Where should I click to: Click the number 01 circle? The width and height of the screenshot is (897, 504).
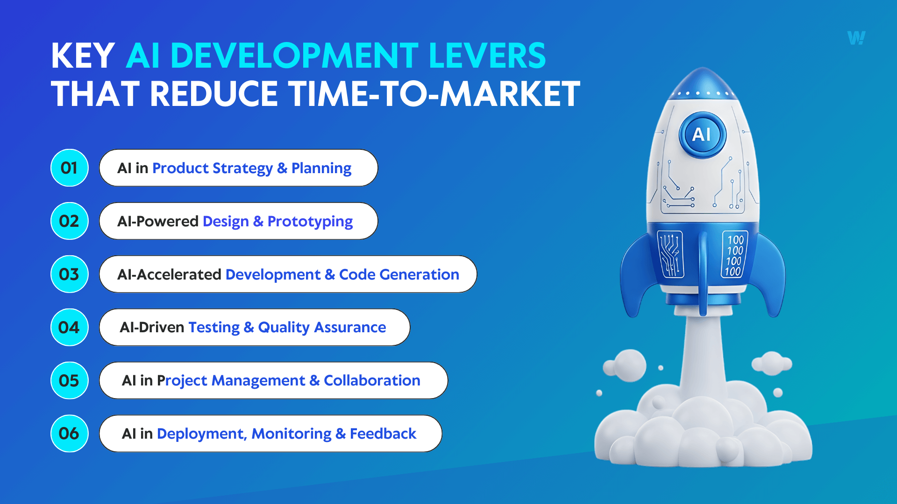[x=69, y=168]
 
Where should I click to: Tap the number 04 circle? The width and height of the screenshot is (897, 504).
[x=69, y=327]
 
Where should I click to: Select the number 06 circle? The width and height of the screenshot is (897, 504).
[x=69, y=434]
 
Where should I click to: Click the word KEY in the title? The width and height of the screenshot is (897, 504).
[x=83, y=56]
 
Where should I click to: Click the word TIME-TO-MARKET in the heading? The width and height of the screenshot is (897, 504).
[x=434, y=94]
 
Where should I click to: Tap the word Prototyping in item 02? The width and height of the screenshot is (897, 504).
[x=310, y=222]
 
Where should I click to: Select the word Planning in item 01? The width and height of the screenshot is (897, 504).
[x=321, y=168]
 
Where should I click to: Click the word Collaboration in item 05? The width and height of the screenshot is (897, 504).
[x=372, y=381]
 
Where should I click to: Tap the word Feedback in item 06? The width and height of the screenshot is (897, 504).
[x=383, y=434]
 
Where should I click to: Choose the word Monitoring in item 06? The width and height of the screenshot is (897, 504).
[x=291, y=434]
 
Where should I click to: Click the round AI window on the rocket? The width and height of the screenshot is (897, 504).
[x=702, y=134]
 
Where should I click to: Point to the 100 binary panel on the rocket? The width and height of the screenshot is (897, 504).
[x=734, y=255]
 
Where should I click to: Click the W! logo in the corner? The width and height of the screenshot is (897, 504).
[x=856, y=38]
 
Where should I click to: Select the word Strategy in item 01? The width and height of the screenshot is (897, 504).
[x=242, y=168]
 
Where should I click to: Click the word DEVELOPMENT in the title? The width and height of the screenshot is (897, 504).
[x=294, y=56]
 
